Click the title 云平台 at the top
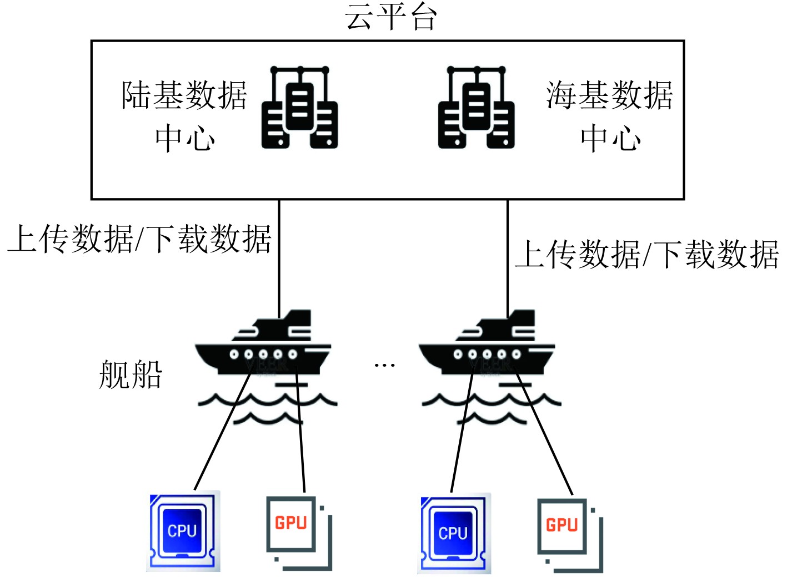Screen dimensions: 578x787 390,17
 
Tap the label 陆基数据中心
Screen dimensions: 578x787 184,115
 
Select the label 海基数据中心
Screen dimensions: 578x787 609,115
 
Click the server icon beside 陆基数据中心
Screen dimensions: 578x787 300,108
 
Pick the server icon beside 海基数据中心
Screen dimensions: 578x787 477,108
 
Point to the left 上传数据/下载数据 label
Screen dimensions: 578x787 139,240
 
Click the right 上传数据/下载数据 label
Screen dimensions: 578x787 646,255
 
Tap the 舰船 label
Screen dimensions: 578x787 131,374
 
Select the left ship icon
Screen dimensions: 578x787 264,347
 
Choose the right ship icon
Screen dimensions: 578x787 488,347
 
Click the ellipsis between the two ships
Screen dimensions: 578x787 384,365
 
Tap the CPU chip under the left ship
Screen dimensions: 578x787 183,531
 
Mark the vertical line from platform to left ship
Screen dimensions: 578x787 279,255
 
